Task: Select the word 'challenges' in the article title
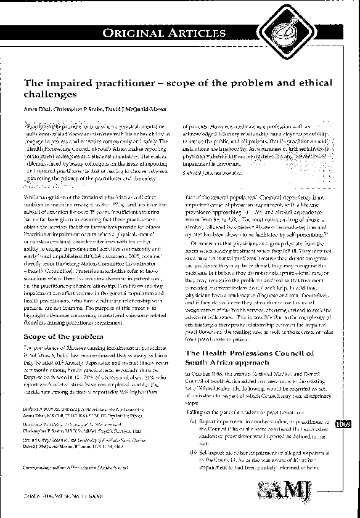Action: tap(50, 95)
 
